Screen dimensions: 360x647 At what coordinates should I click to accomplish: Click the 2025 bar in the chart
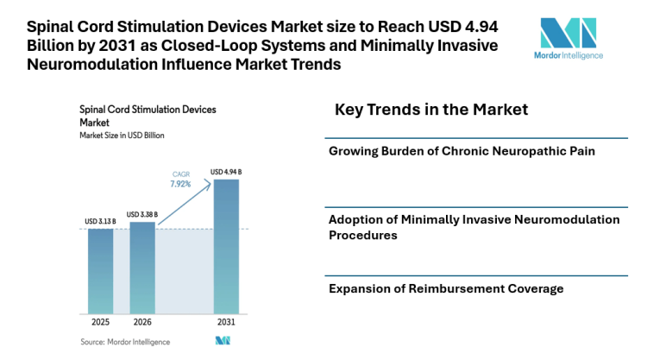tap(100, 270)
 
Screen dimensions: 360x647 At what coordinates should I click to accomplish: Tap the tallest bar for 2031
tap(226, 246)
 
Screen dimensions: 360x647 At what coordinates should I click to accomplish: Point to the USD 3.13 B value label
tap(100, 222)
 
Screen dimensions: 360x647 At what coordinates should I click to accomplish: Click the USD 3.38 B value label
tap(142, 214)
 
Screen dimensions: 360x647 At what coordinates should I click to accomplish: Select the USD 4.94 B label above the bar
tap(226, 172)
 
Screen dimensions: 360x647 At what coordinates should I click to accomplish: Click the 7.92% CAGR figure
tap(180, 183)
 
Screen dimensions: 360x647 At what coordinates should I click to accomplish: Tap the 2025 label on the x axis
tap(100, 323)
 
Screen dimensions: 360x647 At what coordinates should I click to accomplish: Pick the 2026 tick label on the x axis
tap(142, 323)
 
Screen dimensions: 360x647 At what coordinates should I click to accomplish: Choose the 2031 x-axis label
tap(226, 323)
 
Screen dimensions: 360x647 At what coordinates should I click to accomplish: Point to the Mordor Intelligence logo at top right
tap(567, 39)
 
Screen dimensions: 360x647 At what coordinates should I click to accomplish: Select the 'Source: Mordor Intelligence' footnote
tap(125, 342)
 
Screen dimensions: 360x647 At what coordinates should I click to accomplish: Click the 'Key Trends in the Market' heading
tap(430, 111)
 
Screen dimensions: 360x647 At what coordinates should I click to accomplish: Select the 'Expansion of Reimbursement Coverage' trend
tap(446, 288)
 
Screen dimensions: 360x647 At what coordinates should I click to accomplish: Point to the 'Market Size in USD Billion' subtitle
tap(122, 136)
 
